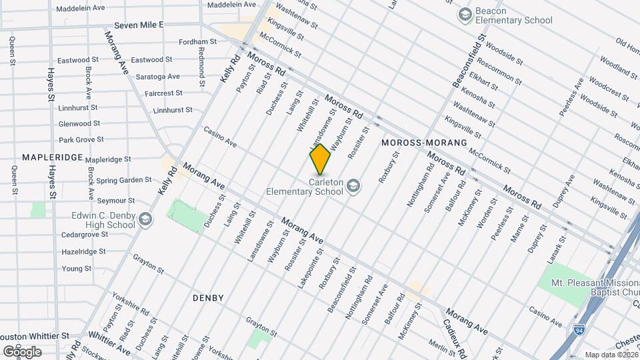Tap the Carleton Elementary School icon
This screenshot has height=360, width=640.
click(x=353, y=186)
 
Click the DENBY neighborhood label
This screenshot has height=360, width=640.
click(x=208, y=297)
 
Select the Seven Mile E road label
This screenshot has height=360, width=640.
click(x=139, y=25)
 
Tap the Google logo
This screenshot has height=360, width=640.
click(x=22, y=351)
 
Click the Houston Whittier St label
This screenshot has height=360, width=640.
click(x=33, y=336)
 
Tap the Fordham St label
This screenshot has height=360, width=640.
click(x=198, y=41)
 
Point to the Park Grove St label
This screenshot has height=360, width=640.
click(x=81, y=140)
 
